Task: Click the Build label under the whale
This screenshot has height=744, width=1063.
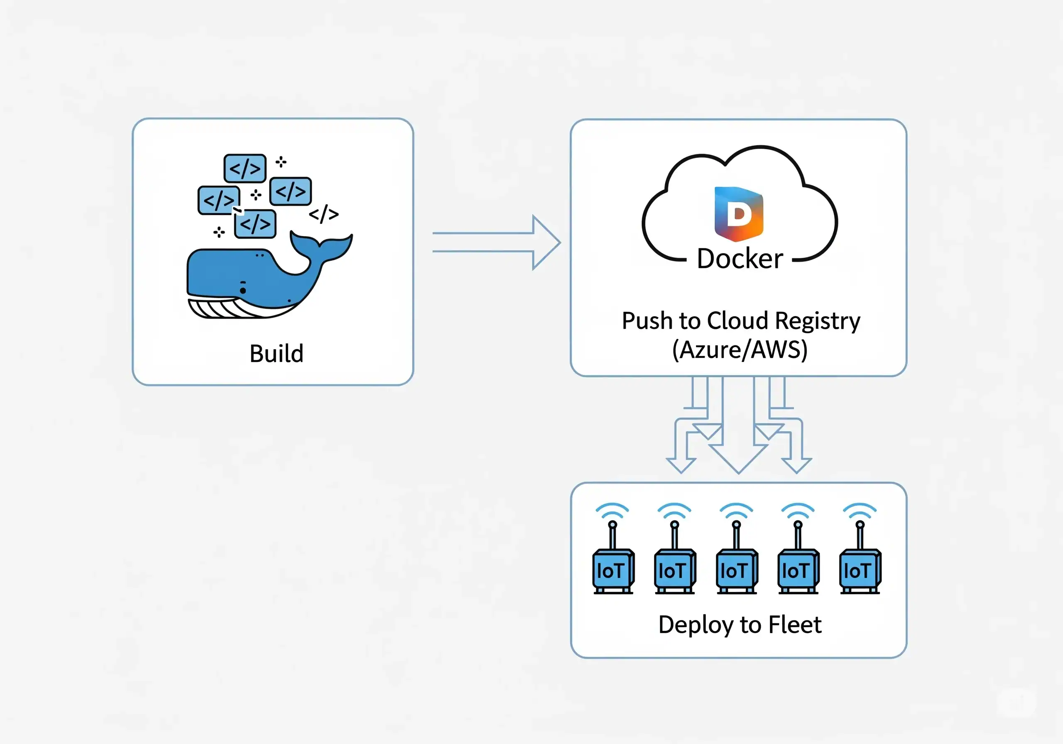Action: [x=277, y=354]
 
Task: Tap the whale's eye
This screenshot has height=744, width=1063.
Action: [x=243, y=290]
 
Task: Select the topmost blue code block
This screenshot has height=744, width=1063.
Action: [x=245, y=168]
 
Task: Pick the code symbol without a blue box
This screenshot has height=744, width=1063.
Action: [x=323, y=214]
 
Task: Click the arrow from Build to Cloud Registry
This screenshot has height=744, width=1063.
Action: [x=496, y=242]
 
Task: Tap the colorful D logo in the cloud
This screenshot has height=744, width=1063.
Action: [x=739, y=214]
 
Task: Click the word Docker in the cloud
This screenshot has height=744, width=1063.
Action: [x=740, y=259]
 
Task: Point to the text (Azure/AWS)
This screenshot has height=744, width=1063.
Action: [x=740, y=350]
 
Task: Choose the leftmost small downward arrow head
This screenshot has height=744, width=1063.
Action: [x=681, y=465]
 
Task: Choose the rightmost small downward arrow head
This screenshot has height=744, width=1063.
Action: [x=796, y=465]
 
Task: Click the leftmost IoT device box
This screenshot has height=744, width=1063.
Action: [x=613, y=571]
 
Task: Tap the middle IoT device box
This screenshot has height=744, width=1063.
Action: [x=737, y=571]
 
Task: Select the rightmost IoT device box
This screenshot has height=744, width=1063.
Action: [x=860, y=571]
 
